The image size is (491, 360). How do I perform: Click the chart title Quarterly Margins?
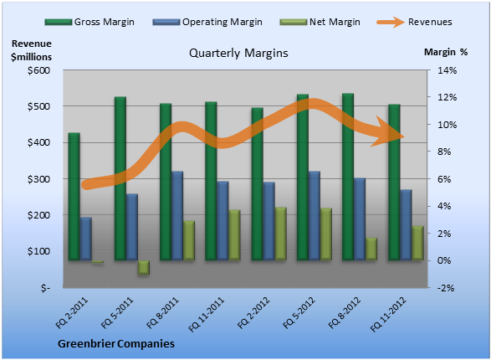click(238, 53)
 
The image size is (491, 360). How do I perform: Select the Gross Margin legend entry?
click(90, 22)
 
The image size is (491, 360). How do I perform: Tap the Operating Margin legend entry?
click(207, 22)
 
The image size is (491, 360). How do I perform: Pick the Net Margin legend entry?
click(320, 22)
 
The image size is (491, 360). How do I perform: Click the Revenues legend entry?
click(414, 22)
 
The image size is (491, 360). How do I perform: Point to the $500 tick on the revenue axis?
click(38, 106)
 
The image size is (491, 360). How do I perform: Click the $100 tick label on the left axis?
click(38, 251)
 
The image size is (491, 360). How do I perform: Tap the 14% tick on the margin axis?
click(448, 70)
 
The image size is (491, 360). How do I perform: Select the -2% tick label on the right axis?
click(445, 288)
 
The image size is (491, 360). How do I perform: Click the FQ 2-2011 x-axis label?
click(72, 312)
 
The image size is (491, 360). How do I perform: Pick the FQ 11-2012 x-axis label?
click(388, 314)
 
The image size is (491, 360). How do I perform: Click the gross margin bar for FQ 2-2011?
click(74, 197)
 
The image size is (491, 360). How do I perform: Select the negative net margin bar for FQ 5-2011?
click(144, 268)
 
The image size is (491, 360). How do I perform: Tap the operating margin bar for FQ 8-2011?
click(177, 216)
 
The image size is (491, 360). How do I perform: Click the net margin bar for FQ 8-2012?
click(371, 249)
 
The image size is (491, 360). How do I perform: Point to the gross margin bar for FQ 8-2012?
click(348, 177)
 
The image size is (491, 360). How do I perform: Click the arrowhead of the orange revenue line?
click(390, 132)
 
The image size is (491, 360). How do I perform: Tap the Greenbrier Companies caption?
click(116, 344)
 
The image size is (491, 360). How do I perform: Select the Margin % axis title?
click(446, 52)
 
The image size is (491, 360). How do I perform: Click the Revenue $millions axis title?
click(31, 50)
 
